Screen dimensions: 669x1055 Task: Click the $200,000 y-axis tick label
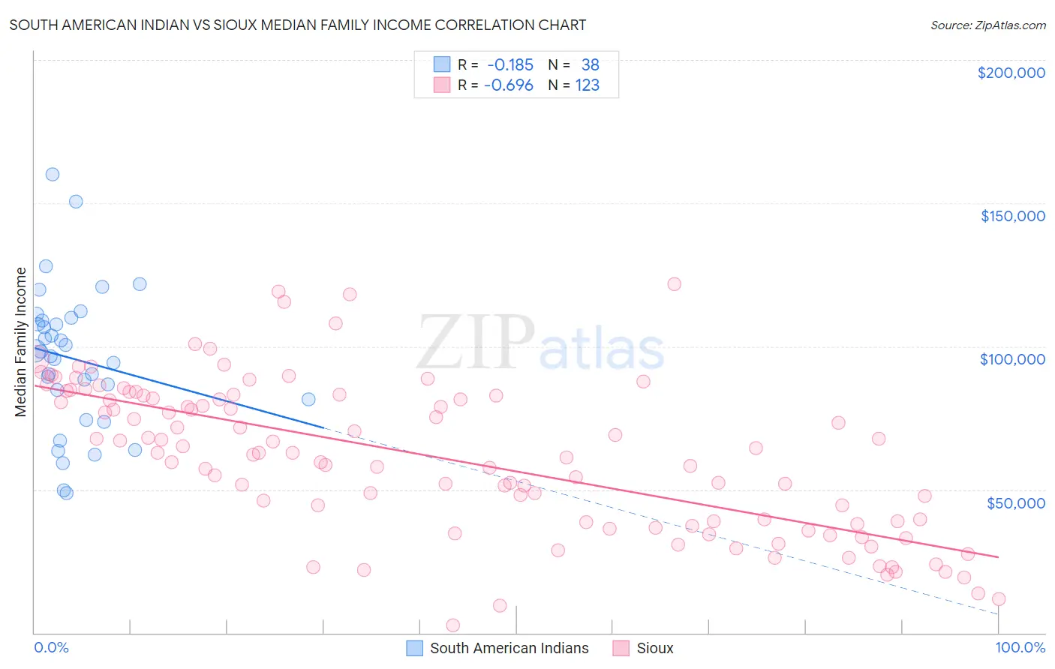[1011, 73]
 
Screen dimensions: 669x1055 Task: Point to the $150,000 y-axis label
[1012, 216]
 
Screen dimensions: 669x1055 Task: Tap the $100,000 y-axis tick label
[1012, 359]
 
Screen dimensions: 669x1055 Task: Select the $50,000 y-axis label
[1015, 502]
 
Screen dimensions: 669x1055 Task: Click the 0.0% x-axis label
[51, 648]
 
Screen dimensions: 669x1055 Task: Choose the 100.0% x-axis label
[1020, 648]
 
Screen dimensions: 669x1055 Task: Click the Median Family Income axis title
[21, 341]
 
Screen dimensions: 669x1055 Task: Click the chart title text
[297, 25]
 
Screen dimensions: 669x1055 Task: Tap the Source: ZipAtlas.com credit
[987, 25]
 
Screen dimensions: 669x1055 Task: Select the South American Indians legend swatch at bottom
[415, 649]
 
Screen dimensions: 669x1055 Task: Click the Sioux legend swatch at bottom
[621, 649]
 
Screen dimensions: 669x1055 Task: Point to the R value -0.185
[510, 65]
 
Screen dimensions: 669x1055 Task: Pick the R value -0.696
[509, 85]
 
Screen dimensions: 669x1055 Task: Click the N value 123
[588, 85]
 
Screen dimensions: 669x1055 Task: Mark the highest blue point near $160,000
[53, 174]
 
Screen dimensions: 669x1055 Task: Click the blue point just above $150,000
[76, 202]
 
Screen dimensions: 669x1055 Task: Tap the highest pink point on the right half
[674, 284]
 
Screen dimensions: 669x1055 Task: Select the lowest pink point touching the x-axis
[452, 625]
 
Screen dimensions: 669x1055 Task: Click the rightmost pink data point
[999, 599]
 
